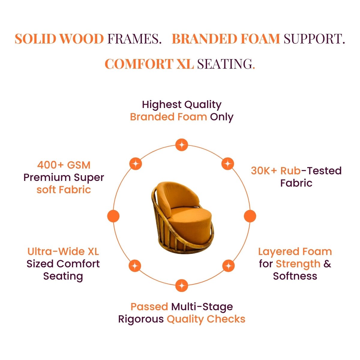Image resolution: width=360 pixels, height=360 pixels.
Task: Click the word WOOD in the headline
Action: pyautogui.click(x=82, y=39)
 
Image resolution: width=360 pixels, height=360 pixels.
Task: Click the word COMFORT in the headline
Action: pyautogui.click(x=139, y=64)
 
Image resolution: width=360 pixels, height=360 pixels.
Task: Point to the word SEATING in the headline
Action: pyautogui.click(x=225, y=64)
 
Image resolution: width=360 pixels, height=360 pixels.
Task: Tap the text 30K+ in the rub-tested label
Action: pyautogui.click(x=264, y=171)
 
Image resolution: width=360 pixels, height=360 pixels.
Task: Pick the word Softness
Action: pyautogui.click(x=295, y=276)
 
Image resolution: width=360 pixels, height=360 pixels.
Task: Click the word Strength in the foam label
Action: pyautogui.click(x=298, y=264)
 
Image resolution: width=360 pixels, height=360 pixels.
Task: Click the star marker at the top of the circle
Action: pyautogui.click(x=181, y=145)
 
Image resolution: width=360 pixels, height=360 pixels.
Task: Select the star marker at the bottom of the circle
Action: pyautogui.click(x=181, y=286)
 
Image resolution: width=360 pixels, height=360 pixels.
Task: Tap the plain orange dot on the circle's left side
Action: pyautogui.click(x=113, y=216)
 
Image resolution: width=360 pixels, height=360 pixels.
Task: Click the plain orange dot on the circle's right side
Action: pyautogui.click(x=250, y=216)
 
